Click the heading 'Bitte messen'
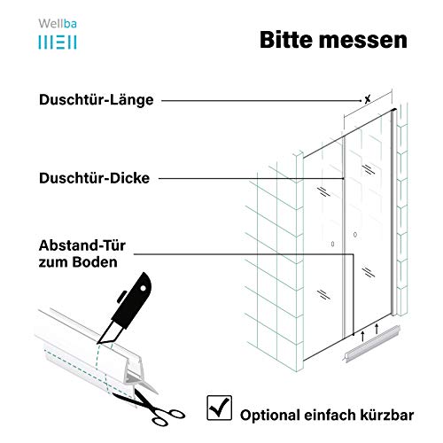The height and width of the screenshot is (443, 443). coord(333,40)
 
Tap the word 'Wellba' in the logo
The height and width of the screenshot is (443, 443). coord(58,24)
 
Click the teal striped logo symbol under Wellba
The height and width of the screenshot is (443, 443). coord(58,43)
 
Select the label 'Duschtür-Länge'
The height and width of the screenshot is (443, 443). coord(97,100)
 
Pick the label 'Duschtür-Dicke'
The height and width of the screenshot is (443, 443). coord(94,178)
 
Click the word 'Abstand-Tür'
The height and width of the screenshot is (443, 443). coord(82,245)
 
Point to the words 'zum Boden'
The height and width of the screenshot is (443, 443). coord(78,262)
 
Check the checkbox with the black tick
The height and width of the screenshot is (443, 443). coord(219,408)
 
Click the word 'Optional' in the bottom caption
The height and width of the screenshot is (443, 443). coord(270,416)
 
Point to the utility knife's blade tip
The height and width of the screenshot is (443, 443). coord(97,343)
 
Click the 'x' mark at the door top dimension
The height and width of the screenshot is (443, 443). coord(368,99)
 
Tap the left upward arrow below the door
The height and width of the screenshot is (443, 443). coord(363,336)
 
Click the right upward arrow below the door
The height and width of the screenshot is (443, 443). coord(377,329)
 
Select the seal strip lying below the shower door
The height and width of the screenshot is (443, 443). coord(371,343)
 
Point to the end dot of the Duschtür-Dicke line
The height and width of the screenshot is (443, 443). coord(343,178)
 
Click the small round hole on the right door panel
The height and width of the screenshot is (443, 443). coord(355,235)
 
